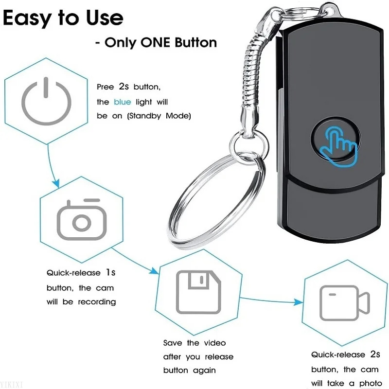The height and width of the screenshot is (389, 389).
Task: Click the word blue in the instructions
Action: (x=123, y=102)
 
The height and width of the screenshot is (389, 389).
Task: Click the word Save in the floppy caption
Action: (x=173, y=343)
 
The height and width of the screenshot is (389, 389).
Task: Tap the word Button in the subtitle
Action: (x=193, y=42)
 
